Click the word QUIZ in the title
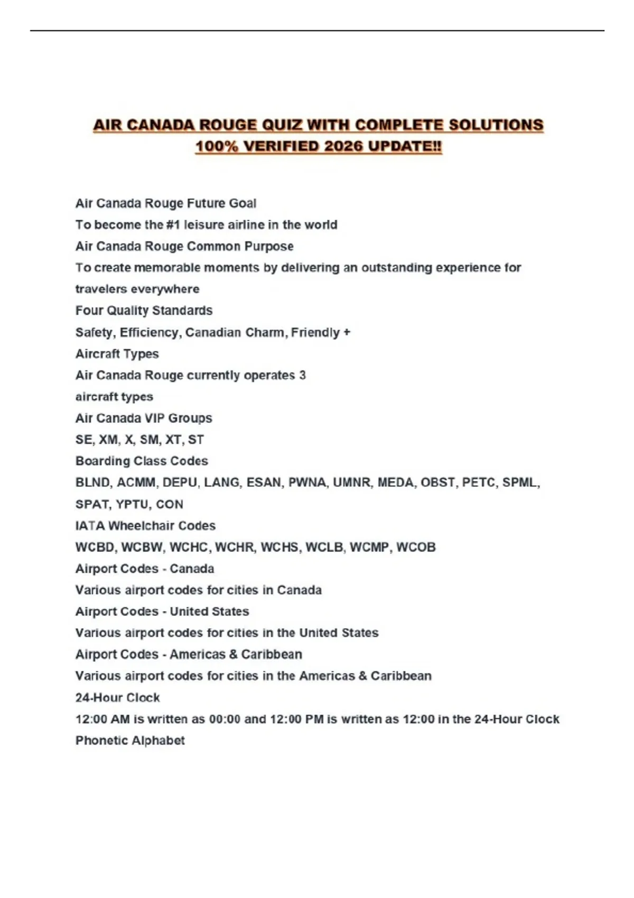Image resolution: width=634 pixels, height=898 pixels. pos(278,125)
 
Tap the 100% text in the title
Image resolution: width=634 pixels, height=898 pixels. pos(217,146)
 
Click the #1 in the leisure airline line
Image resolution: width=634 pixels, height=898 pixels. pos(173,225)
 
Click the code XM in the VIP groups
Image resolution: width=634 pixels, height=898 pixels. pos(108,440)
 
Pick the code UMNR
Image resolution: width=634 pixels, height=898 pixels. pos(351,483)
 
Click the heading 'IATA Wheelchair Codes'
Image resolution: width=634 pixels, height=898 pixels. pos(145,526)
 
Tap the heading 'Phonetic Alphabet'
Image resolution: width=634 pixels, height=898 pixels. pos(130,741)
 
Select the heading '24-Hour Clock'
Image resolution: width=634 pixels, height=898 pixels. pos(117,698)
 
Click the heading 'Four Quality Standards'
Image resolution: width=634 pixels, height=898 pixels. pos(144,311)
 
